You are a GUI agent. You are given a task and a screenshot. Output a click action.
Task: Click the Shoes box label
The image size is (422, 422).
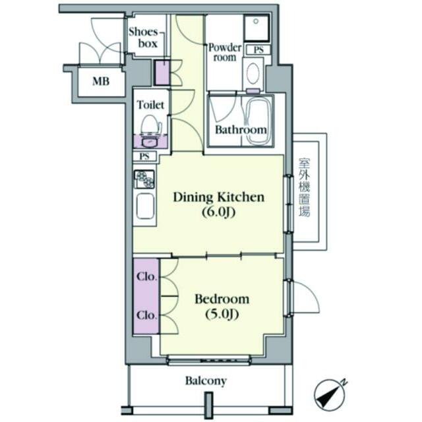(x=143, y=38)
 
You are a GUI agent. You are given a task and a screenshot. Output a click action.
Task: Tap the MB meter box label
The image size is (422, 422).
(x=101, y=81)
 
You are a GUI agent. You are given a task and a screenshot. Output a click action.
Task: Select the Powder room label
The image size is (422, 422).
(x=225, y=53)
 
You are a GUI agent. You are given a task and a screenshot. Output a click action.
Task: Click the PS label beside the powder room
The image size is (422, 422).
(x=258, y=50)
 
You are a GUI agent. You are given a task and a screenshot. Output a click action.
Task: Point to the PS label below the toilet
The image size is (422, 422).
(x=144, y=156)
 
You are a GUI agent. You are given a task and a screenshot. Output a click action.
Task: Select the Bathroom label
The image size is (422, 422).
(x=241, y=130)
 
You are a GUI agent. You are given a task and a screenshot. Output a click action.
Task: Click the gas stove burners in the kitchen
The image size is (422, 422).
(x=144, y=179)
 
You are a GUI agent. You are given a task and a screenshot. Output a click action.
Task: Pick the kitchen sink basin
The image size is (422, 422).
(x=145, y=206)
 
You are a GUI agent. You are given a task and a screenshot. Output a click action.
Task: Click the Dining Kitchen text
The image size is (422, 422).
(x=218, y=197)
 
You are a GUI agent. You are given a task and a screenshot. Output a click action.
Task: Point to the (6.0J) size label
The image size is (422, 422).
(x=219, y=212)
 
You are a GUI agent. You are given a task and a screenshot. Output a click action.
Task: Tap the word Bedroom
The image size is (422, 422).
(x=222, y=299)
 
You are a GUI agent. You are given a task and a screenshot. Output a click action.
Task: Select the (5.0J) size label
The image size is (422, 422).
(x=222, y=314)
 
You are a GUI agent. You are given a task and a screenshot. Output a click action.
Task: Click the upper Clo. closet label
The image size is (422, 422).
(x=146, y=276)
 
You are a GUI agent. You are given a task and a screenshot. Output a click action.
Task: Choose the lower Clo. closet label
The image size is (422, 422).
(x=146, y=315)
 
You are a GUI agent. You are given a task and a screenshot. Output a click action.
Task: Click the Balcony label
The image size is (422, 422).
(x=206, y=381)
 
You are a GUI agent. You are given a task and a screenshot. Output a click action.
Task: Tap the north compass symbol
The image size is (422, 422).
(x=330, y=394)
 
